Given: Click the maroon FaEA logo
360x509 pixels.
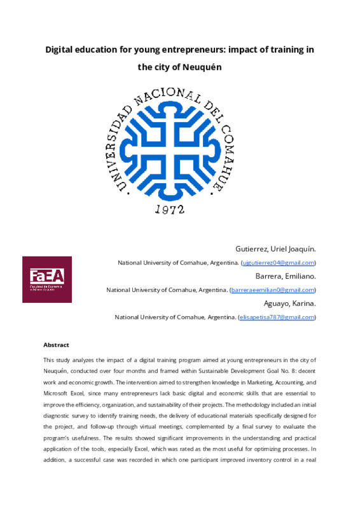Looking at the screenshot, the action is tap(47, 279).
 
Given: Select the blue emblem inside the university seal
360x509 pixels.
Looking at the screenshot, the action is tap(172, 144).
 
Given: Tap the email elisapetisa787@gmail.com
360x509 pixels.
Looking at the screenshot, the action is tap(277, 317).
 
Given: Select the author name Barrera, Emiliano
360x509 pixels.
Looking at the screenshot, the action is tap(286, 276).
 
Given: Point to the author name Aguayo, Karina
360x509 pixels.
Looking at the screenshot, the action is tap(288, 303).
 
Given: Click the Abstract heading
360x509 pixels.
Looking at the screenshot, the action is tap(56, 345).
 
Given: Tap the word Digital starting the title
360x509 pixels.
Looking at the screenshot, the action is tap(61, 49).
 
